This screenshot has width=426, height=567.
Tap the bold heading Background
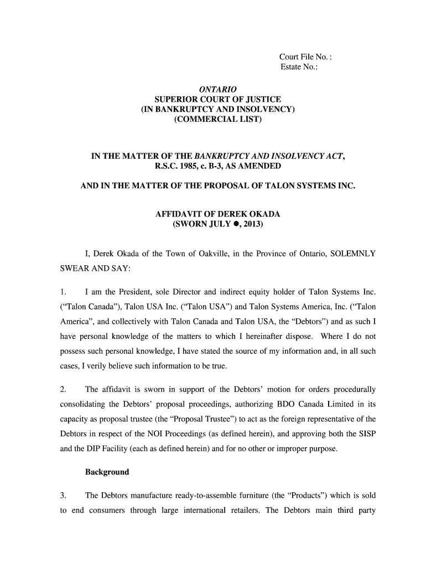click(x=107, y=472)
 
